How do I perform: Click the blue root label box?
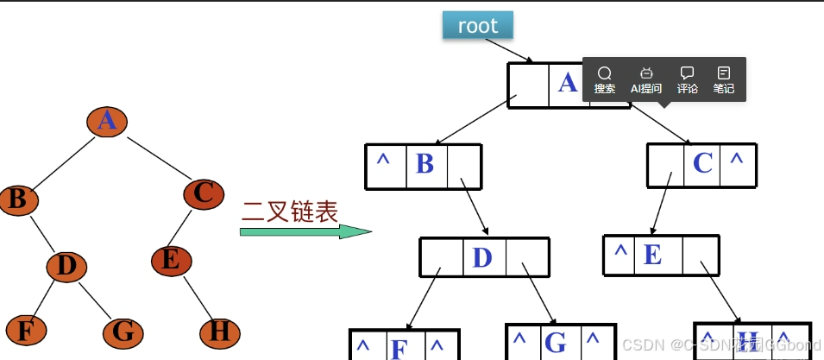pos(477,26)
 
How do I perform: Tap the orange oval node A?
pos(107,120)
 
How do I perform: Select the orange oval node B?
pos(17,199)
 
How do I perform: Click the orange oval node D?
pos(66,266)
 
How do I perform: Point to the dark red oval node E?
pos(172,259)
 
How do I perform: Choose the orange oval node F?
pos(26,331)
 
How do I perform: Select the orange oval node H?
pos(220,332)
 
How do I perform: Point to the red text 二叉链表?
pos(290,210)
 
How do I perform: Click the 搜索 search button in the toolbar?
pos(605,79)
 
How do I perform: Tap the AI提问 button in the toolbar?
pos(646,79)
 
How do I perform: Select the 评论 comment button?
pos(688,79)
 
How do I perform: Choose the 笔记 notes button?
pos(723,79)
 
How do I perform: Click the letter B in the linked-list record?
pos(425,164)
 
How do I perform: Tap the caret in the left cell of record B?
pos(383,161)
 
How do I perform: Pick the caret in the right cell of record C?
pos(736,161)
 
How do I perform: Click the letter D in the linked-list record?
pos(482,257)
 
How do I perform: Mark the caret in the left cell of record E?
pos(620,253)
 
